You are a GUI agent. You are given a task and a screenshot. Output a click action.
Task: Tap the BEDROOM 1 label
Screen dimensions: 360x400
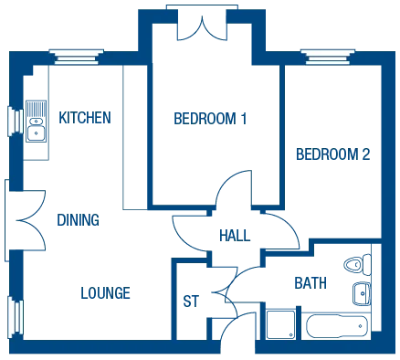coord(209,118)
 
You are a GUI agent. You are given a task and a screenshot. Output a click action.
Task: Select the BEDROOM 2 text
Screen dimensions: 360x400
coord(332,154)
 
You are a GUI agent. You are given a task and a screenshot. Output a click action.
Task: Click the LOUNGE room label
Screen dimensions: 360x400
coord(105,292)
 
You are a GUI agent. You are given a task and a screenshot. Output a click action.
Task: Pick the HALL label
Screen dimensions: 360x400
coord(232,234)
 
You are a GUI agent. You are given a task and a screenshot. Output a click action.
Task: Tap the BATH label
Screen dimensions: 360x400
coord(305,283)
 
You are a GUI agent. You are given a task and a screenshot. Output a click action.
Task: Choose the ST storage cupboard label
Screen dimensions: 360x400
coord(191,299)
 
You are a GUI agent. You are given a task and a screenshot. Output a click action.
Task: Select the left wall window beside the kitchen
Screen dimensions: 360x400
coord(15,121)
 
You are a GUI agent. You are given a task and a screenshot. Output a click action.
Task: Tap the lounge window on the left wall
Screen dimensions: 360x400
coord(15,315)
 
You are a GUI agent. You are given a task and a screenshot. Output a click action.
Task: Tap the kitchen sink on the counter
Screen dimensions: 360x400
coord(37,124)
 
